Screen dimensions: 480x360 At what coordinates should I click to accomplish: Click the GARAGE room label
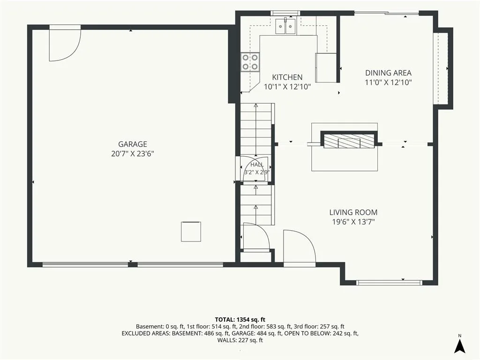pos(133,144)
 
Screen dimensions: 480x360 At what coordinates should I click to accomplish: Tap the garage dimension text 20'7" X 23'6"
pos(133,154)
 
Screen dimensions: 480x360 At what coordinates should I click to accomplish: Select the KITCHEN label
pos(287,77)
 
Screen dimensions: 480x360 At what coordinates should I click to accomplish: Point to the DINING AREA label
pos(388,73)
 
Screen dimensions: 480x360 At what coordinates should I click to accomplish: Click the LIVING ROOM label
pos(353,212)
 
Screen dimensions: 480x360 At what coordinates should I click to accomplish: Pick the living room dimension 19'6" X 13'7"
pos(353,222)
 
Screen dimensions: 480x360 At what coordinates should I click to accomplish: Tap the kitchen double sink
pos(285,26)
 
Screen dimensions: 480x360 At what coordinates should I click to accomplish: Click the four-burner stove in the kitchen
pos(250,62)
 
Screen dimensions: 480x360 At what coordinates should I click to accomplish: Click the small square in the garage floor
pos(191,232)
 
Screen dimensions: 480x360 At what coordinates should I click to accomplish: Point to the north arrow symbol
pos(459,345)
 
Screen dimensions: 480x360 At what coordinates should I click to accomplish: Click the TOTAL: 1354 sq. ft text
pos(240,320)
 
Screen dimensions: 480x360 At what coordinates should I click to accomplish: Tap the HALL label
pos(257,165)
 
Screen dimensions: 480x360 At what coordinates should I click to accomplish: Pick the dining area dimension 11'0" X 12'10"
pos(388,82)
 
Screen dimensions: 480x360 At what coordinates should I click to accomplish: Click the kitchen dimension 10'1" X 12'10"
pos(287,87)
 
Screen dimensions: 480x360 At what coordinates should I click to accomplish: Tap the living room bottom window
pos(389,283)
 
